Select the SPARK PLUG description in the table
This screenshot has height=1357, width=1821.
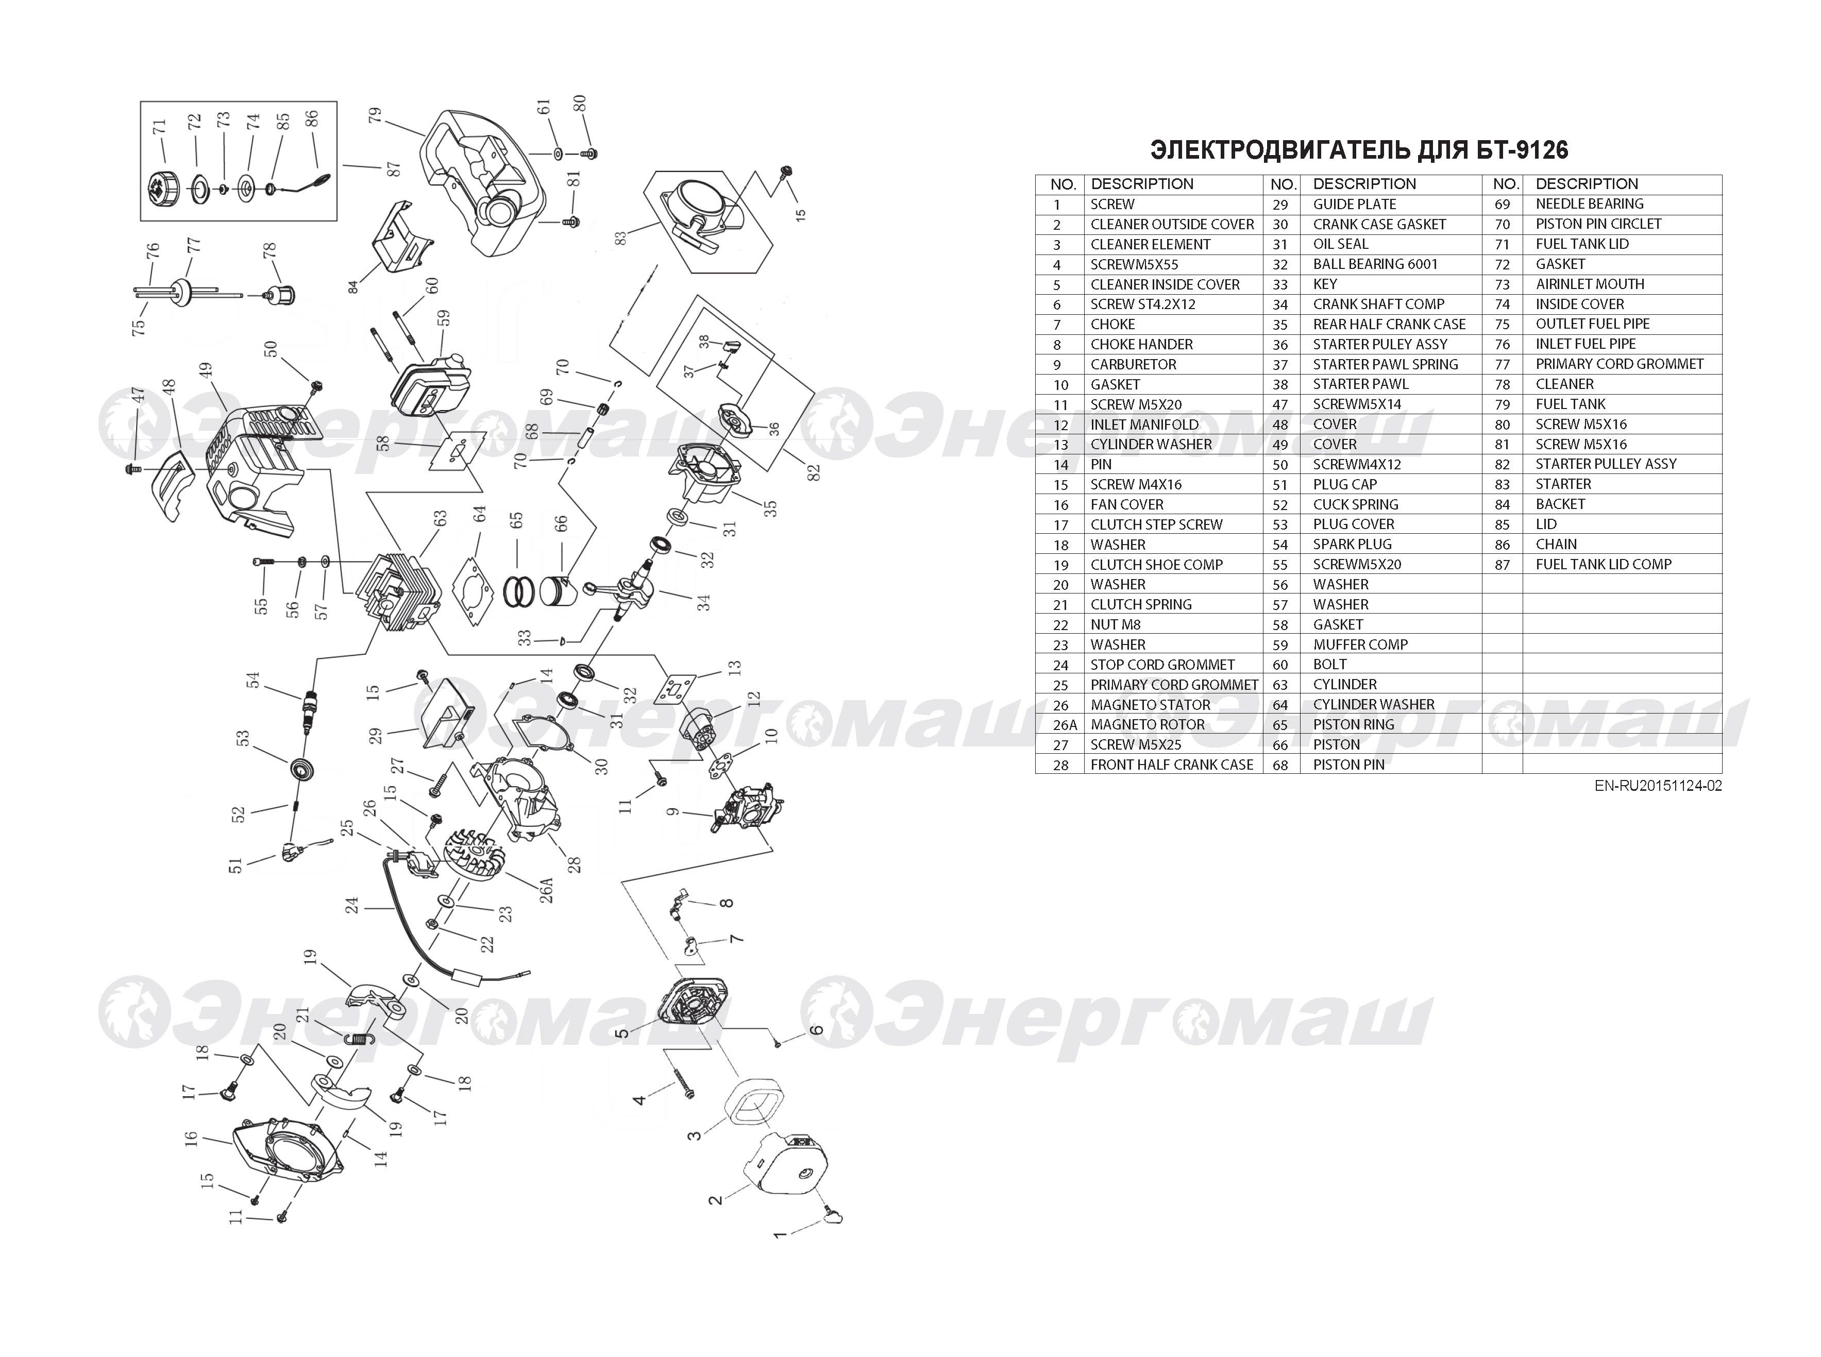pyautogui.click(x=1352, y=544)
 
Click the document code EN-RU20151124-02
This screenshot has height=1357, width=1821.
pyautogui.click(x=1658, y=785)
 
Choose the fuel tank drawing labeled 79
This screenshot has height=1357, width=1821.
pyautogui.click(x=484, y=185)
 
